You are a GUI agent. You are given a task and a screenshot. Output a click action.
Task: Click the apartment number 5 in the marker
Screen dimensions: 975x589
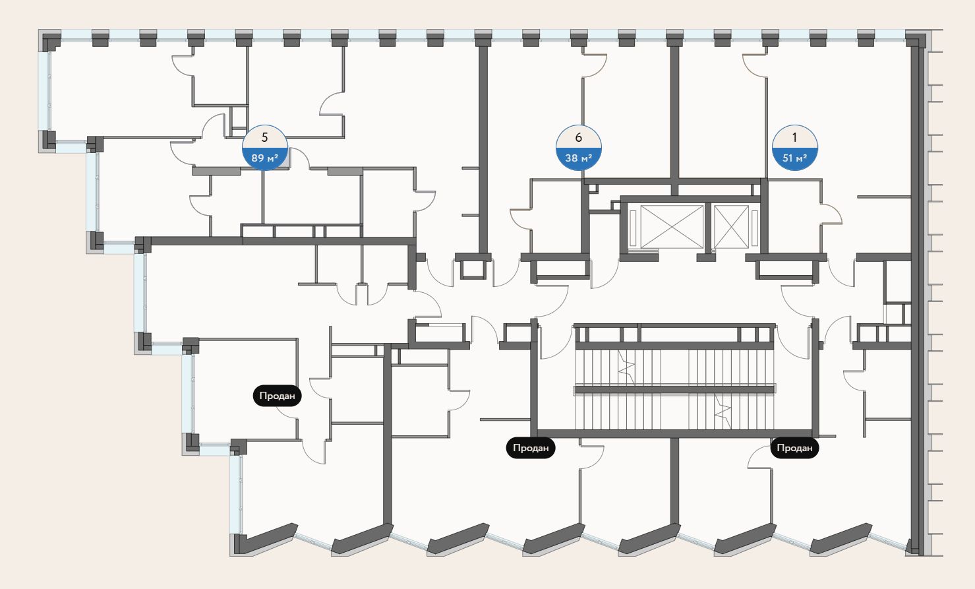[265, 138]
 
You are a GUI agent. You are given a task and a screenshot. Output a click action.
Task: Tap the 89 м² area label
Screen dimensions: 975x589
[265, 158]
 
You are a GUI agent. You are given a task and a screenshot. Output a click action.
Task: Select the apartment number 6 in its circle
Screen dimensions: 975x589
[579, 138]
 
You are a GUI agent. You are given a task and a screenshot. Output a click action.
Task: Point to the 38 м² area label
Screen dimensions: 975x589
[579, 158]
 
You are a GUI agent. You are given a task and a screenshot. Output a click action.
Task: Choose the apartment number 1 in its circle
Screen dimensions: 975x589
[794, 138]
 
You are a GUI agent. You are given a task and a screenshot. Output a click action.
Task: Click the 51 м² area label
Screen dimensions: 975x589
[794, 158]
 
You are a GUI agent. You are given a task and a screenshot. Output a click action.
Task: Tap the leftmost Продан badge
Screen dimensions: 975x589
[277, 396]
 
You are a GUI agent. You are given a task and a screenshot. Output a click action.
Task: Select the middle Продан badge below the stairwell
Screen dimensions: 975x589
[531, 448]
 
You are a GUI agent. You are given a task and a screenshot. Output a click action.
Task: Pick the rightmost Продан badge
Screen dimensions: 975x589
[794, 448]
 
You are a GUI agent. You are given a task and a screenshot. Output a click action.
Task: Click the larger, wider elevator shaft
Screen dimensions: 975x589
[672, 227]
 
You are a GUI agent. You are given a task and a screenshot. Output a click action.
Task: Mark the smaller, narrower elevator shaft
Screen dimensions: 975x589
[731, 227]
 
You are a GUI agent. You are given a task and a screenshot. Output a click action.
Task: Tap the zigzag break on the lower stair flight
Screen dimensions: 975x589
[724, 413]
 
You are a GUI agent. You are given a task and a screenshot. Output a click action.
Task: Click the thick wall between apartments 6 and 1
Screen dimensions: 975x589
[674, 112]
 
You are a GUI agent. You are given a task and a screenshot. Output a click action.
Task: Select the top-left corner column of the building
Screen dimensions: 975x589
[50, 41]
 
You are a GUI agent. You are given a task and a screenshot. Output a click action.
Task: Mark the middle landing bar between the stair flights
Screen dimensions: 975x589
[674, 390]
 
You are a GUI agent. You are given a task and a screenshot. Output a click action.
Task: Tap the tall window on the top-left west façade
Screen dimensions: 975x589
[45, 90]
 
